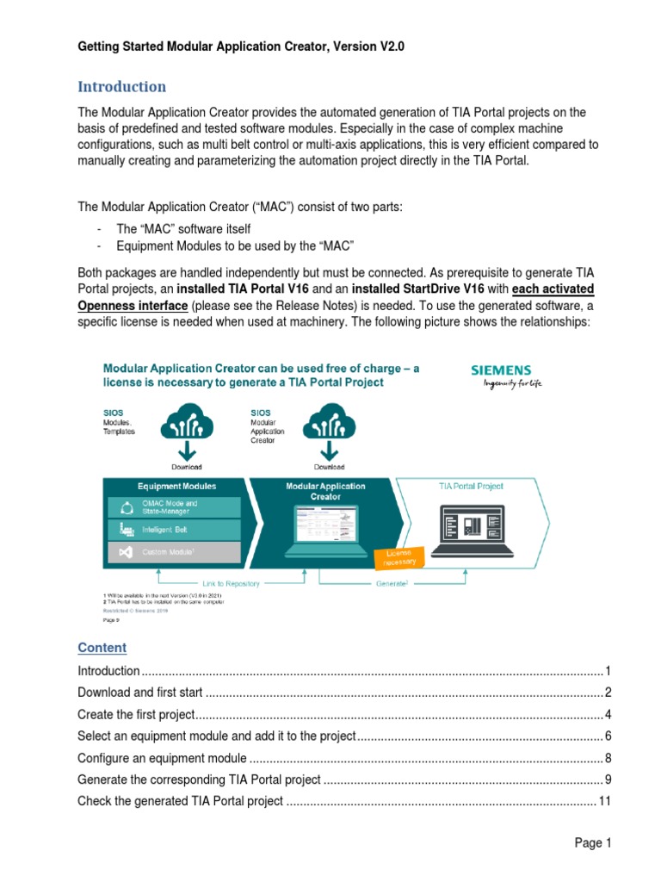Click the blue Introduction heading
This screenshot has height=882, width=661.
click(121, 87)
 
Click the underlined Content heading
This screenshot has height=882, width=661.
click(102, 648)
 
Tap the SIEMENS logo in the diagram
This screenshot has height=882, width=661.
click(501, 370)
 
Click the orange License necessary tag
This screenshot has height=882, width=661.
click(398, 556)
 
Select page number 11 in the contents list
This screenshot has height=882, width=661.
click(604, 801)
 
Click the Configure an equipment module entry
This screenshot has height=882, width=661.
click(162, 758)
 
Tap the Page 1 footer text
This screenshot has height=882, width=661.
click(592, 843)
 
